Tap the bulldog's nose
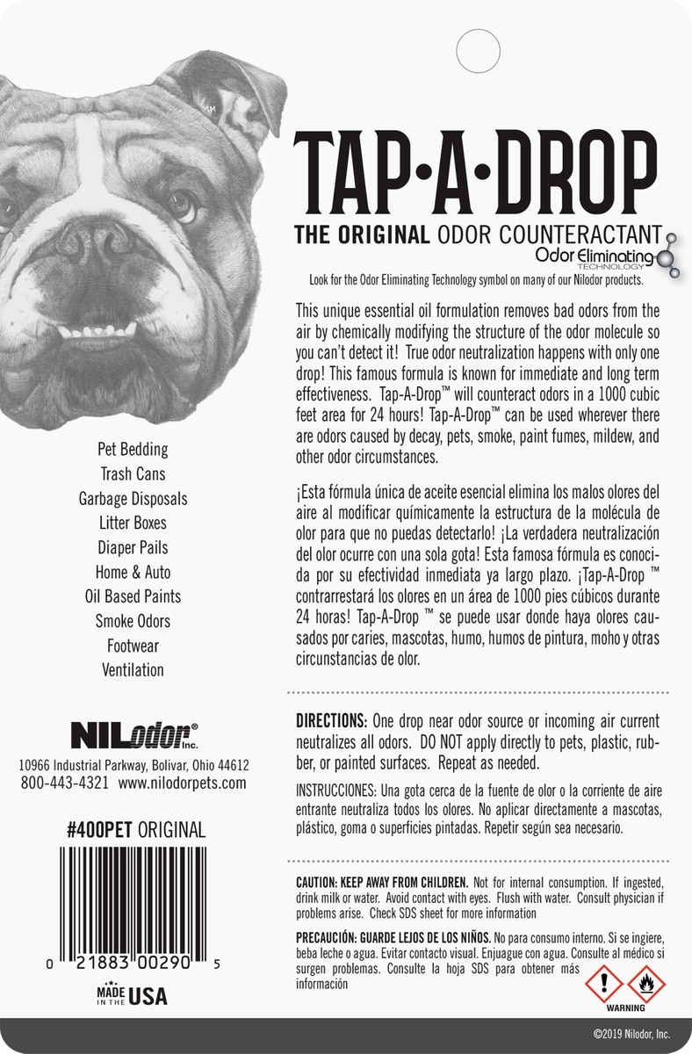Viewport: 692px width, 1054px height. coord(91,240)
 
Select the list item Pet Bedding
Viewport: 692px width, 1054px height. coord(132,449)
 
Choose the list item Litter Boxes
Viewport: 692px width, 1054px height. coord(132,523)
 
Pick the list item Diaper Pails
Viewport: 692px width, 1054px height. coord(132,547)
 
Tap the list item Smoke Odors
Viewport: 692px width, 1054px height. coord(132,621)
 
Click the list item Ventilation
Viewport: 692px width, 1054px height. coord(132,670)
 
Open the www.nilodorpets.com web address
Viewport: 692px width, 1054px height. coord(182,783)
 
